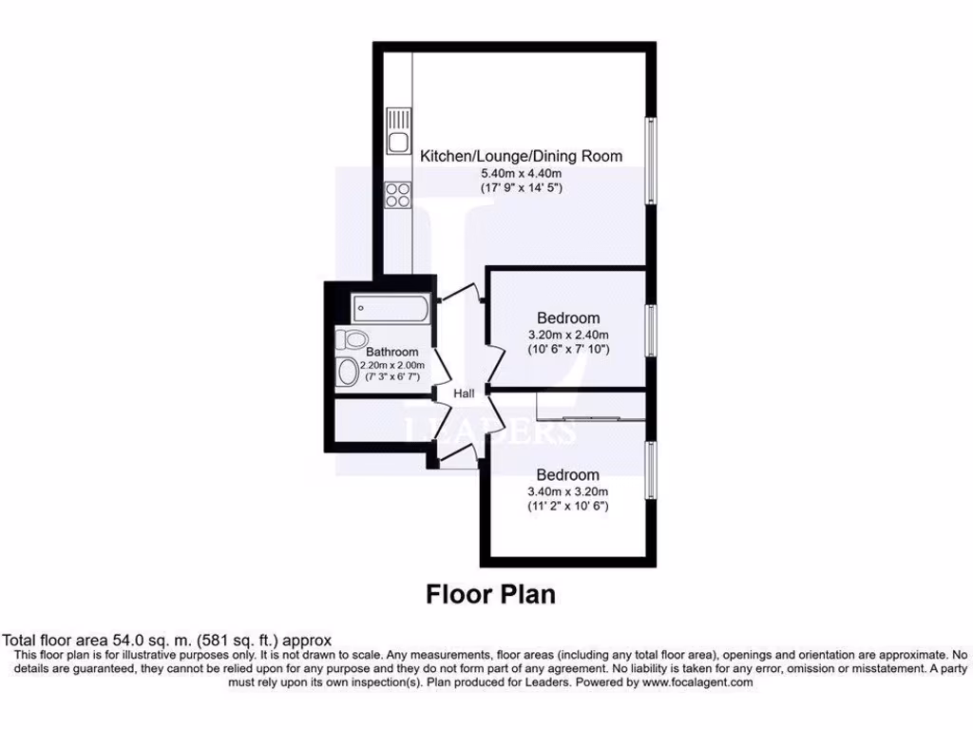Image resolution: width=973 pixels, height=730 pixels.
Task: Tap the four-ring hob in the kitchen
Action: coord(397,194)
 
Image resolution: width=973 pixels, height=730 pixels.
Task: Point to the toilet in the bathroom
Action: coord(353,338)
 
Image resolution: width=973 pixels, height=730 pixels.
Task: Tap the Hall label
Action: coord(464,394)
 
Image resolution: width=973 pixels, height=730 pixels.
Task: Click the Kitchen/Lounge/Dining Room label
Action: coord(522,156)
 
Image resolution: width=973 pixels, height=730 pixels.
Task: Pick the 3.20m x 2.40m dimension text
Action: coord(568,335)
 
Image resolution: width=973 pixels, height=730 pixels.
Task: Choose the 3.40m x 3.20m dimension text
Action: coord(568,491)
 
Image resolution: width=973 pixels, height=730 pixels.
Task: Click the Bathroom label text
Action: coord(392,352)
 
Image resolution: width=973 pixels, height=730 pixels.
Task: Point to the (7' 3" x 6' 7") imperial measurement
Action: coord(392,377)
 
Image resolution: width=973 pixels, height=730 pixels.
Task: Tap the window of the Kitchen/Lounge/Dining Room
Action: coord(651,159)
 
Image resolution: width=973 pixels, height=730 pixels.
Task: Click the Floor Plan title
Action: coord(489,595)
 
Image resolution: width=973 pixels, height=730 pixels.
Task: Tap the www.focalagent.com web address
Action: coord(697,682)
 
